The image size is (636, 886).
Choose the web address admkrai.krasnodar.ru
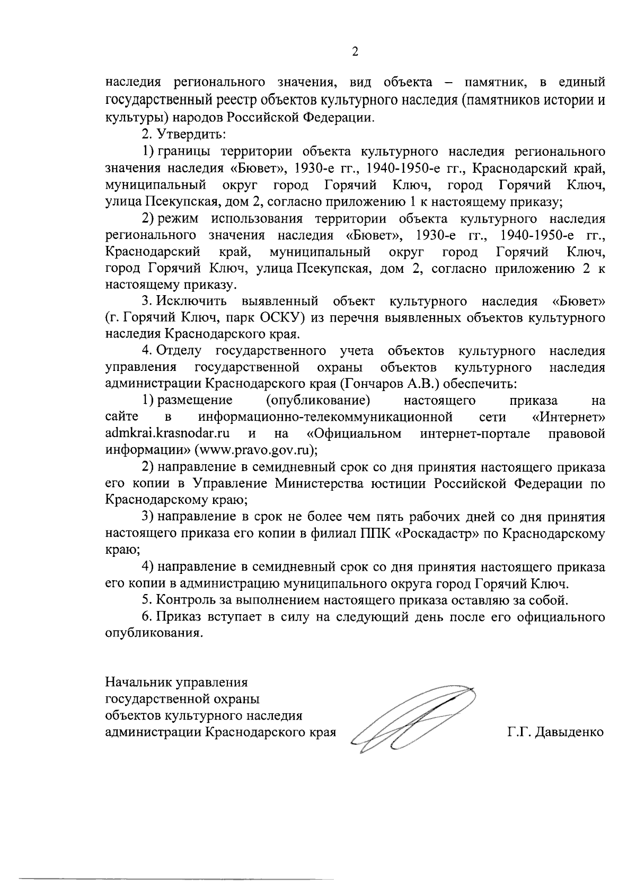pyautogui.click(x=167, y=433)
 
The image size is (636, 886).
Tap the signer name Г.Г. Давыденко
pyautogui.click(x=555, y=732)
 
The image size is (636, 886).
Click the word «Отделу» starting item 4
pyautogui.click(x=179, y=351)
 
